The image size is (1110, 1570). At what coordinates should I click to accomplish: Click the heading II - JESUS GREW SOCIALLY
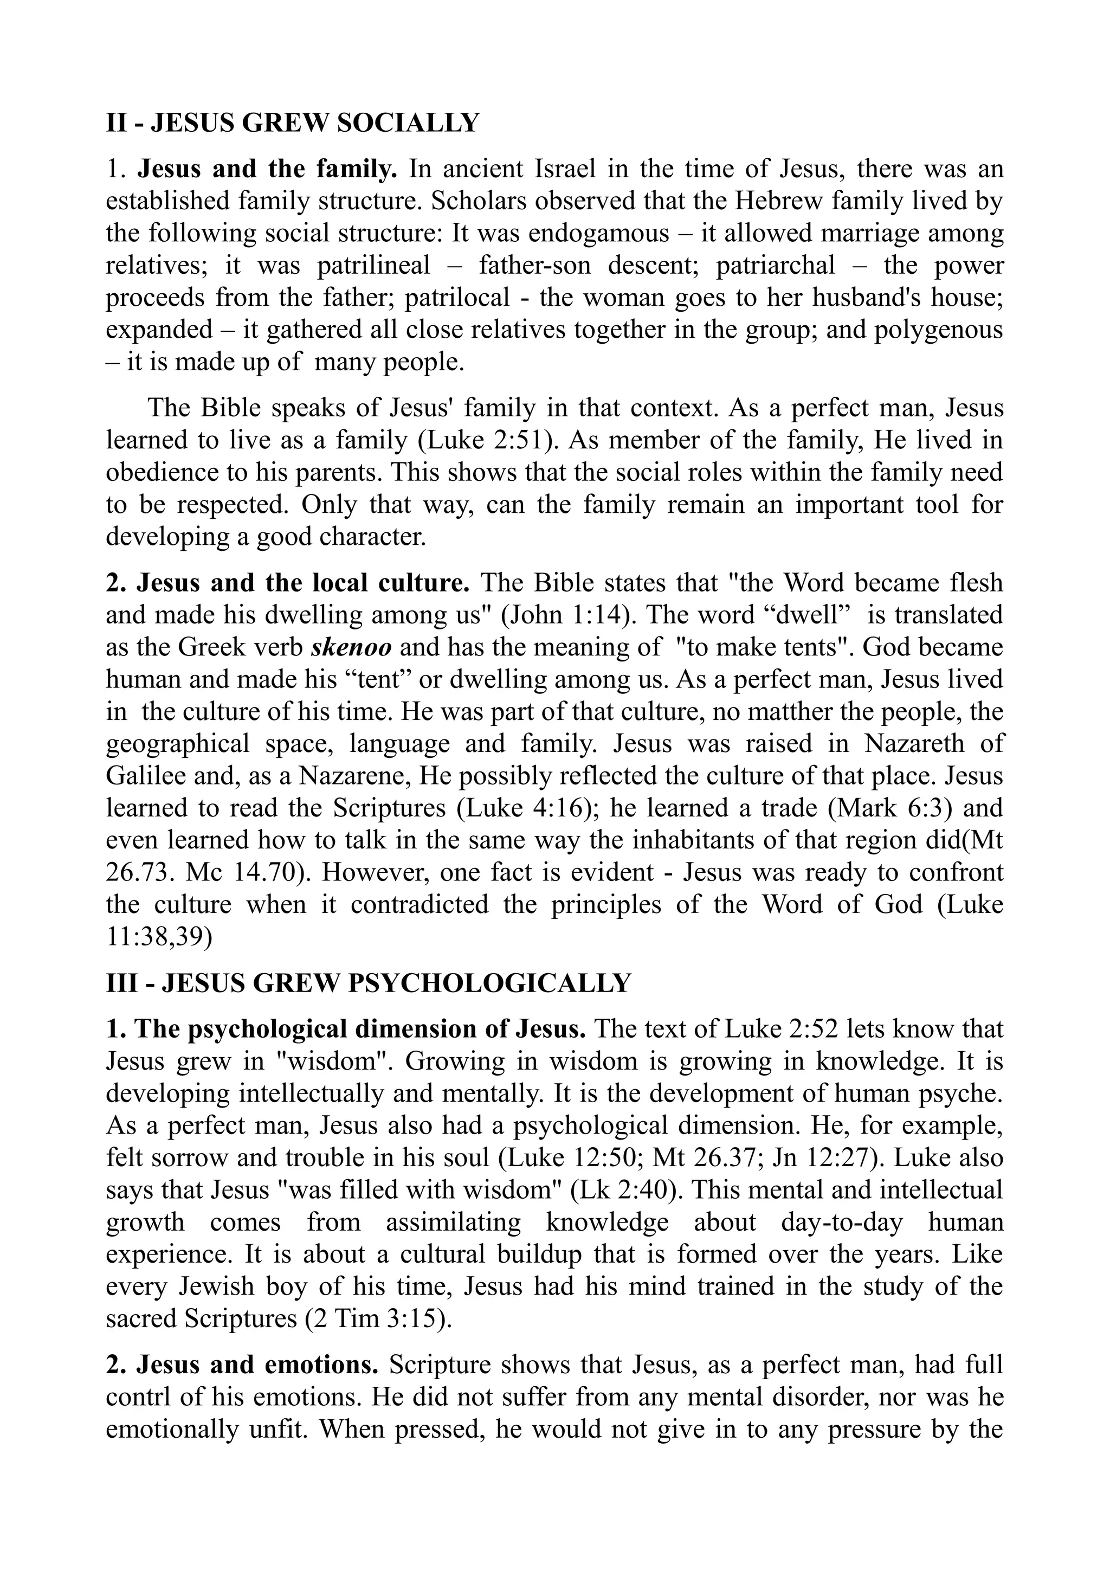point(293,123)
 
